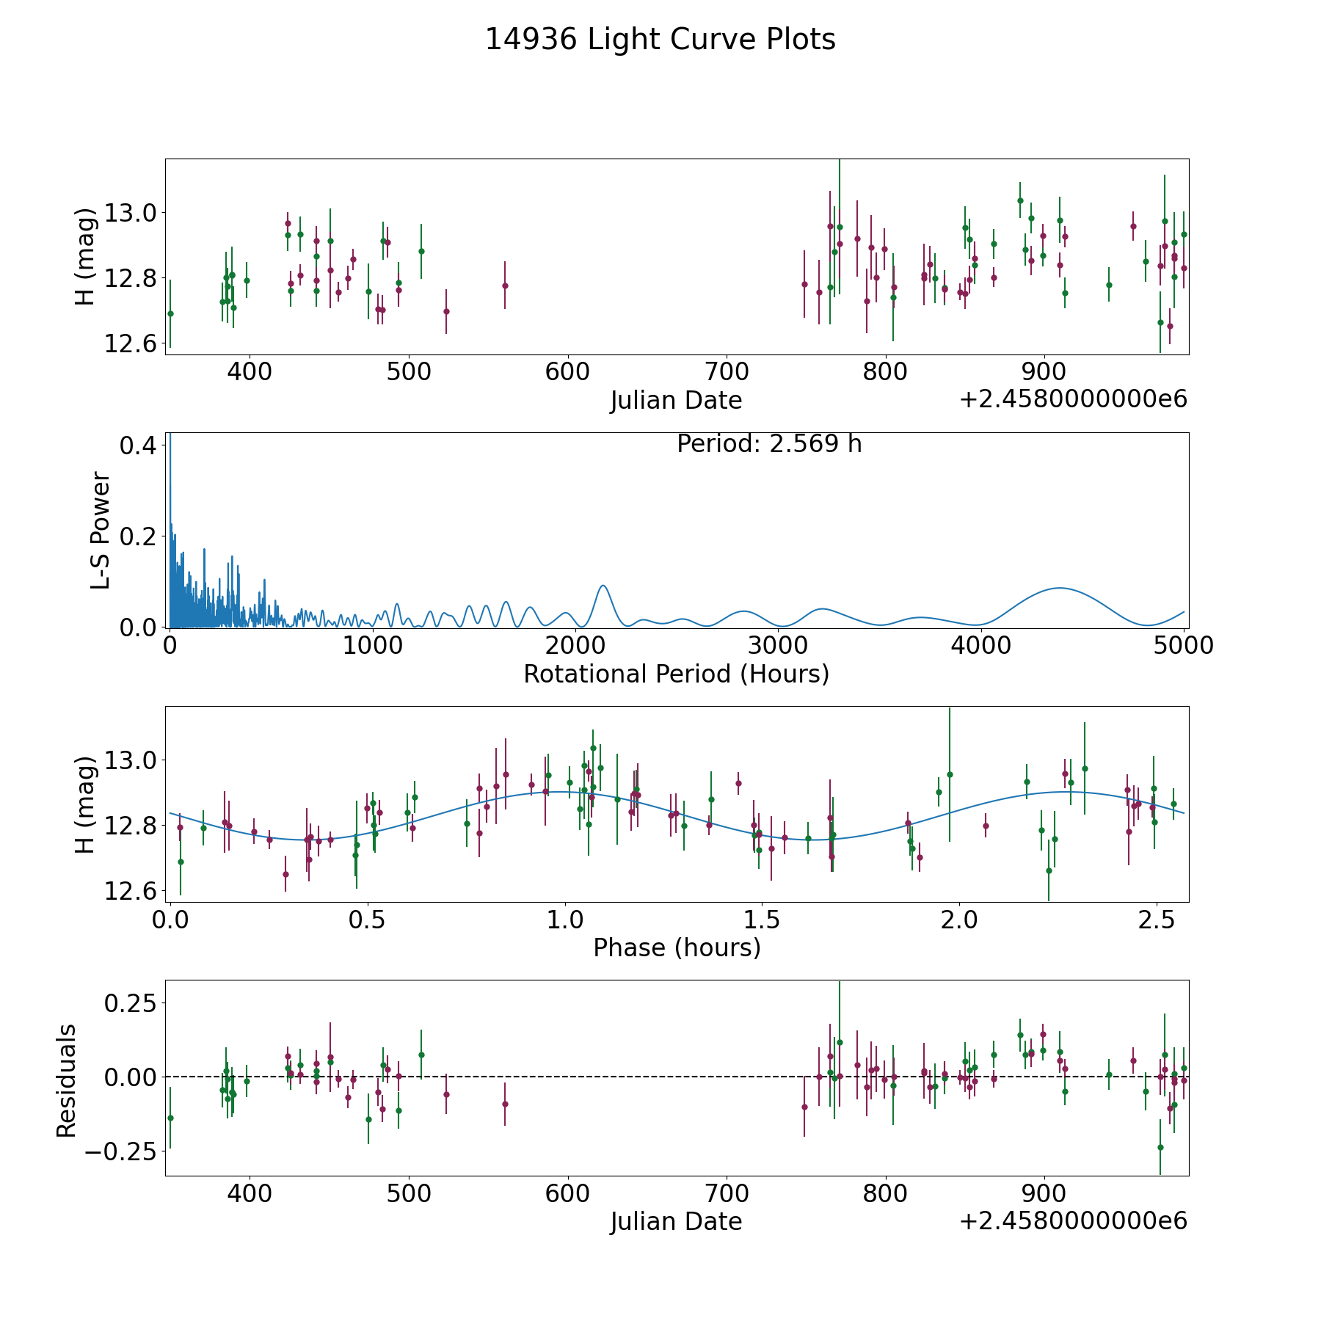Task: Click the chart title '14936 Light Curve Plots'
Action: pyautogui.click(x=660, y=40)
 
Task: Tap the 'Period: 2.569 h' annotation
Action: pyautogui.click(x=769, y=444)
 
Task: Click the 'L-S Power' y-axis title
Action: pyautogui.click(x=101, y=531)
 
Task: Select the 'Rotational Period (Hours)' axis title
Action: pyautogui.click(x=676, y=674)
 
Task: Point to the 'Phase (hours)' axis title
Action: pyautogui.click(x=677, y=948)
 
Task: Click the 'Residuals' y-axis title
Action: pyautogui.click(x=66, y=1081)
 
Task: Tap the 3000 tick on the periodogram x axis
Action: pyautogui.click(x=778, y=646)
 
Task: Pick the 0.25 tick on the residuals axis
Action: pyautogui.click(x=131, y=1002)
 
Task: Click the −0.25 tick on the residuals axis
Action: pyautogui.click(x=122, y=1151)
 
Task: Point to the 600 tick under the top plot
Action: pyautogui.click(x=567, y=372)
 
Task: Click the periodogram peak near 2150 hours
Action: pyautogui.click(x=603, y=586)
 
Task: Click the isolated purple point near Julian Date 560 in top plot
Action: pyautogui.click(x=505, y=285)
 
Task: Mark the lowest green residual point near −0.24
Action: pyautogui.click(x=1160, y=1147)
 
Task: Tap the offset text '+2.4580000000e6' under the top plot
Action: pyautogui.click(x=1073, y=399)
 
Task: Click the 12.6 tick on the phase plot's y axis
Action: pyautogui.click(x=131, y=892)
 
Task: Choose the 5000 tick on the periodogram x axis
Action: pyautogui.click(x=1184, y=646)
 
